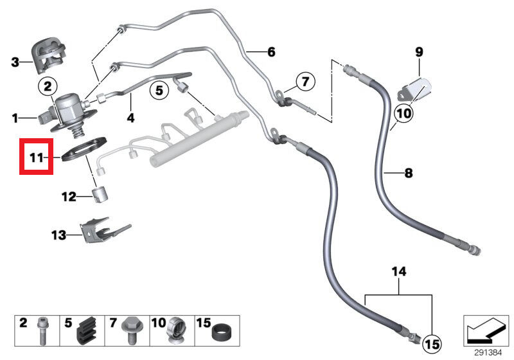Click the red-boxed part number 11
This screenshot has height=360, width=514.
36,156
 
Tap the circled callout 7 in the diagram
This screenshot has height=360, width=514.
305,82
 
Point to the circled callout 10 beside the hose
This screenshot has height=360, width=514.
403,114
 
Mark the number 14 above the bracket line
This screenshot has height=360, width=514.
399,273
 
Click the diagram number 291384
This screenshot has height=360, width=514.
488,352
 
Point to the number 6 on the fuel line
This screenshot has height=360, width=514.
270,51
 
